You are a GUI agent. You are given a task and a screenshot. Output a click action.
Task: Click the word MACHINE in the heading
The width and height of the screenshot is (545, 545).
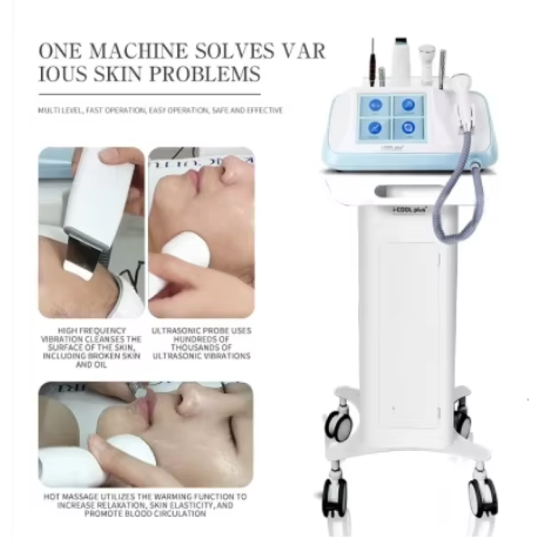138,51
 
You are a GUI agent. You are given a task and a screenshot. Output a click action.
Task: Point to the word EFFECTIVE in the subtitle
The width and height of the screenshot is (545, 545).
265,110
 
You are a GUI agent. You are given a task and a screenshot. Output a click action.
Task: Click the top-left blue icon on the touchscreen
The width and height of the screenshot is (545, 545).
375,105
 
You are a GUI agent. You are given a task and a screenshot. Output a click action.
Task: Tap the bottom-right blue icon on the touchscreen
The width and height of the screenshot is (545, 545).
408,127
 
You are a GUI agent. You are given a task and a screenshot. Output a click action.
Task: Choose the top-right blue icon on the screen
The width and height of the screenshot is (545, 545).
408,105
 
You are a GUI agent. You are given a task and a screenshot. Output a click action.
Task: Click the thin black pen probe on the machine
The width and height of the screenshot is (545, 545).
373,62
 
